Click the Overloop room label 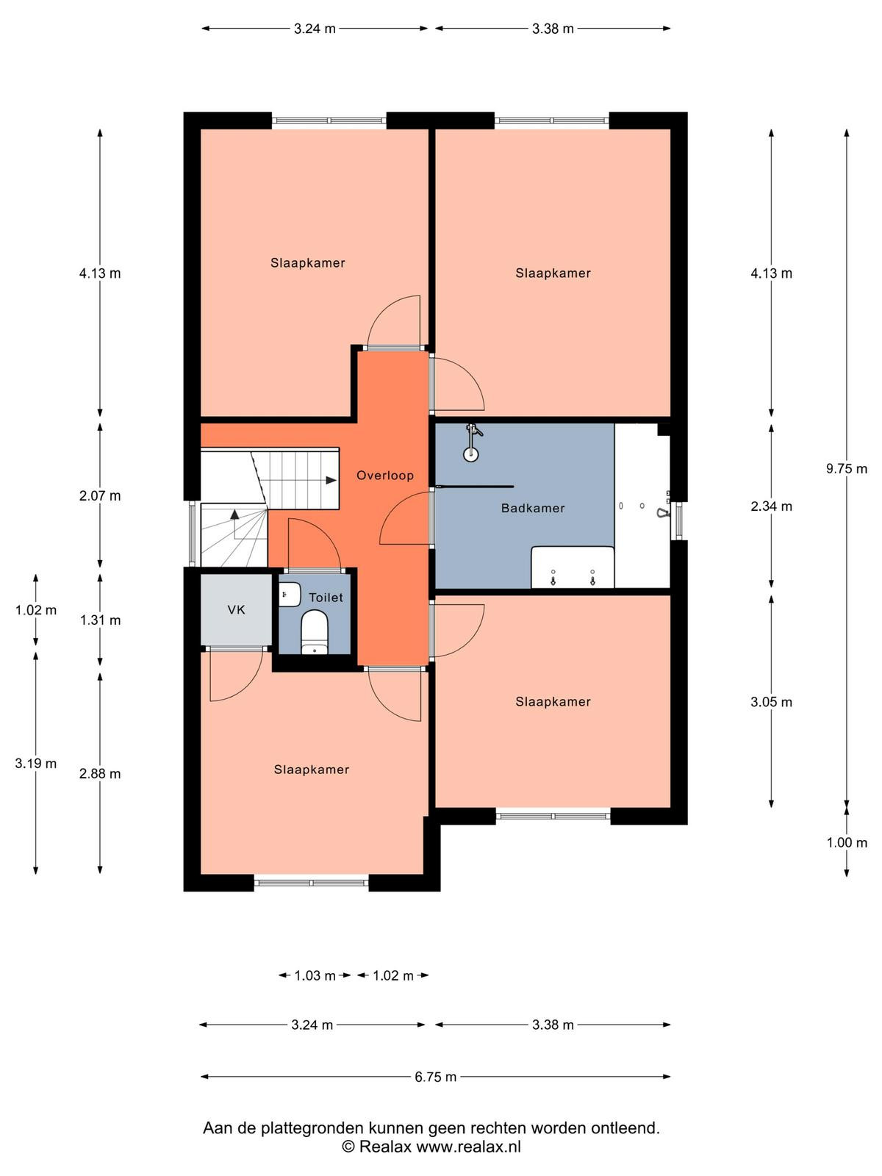385,476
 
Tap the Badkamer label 533,508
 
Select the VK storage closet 236,610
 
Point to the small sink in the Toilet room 290,595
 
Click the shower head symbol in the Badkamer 471,442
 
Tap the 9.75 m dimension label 846,469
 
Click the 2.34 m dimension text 771,506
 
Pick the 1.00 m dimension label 847,843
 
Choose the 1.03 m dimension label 315,975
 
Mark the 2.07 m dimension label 100,496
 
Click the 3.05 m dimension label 771,702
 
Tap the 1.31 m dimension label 100,620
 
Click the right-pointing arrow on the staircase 331,480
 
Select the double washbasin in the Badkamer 573,567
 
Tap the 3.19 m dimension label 36,764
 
